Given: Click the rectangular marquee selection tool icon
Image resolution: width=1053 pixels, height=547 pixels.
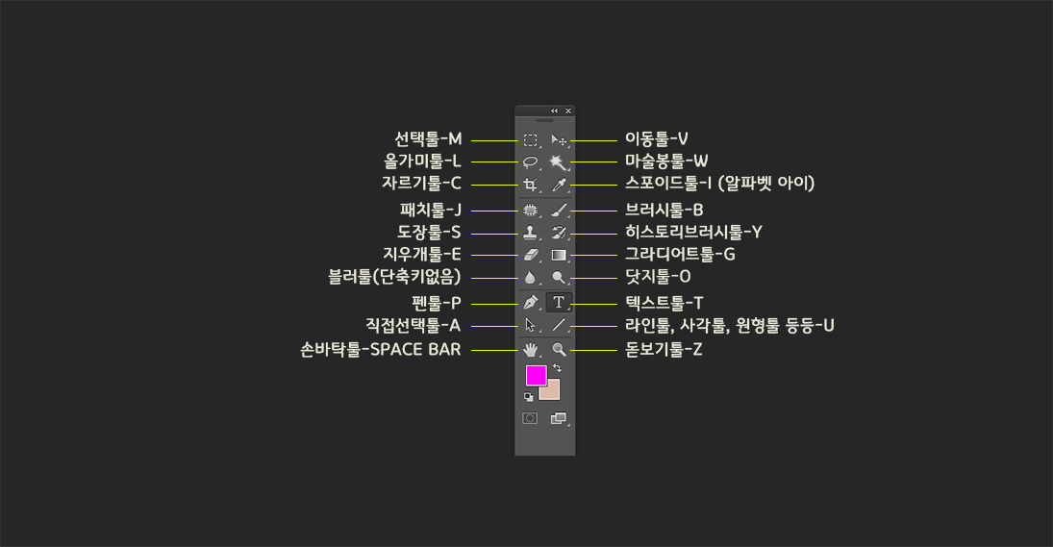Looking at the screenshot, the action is [530, 140].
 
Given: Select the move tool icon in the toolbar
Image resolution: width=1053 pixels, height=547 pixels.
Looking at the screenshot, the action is [559, 140].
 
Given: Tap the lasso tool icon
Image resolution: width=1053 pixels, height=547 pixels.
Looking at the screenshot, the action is [530, 162].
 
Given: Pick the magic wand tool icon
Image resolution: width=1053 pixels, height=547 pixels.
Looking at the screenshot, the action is [559, 162].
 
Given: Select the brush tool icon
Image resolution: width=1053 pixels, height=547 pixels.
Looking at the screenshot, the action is [559, 209].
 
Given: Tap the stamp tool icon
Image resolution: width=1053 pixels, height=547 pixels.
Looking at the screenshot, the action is [530, 232].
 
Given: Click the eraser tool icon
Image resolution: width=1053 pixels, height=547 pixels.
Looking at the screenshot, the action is [530, 255].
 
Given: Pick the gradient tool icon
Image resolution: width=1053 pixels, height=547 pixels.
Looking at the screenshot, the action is [559, 255].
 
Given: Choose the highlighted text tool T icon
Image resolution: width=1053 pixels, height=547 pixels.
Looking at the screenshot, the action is [559, 302].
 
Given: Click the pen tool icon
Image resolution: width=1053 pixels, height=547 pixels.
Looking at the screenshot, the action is [530, 302].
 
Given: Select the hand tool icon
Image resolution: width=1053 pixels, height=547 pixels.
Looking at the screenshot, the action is [530, 349].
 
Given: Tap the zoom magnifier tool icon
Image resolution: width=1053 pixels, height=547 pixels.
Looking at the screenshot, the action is [559, 349].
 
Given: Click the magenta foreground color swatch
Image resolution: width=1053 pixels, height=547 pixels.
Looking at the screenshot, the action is [535, 376].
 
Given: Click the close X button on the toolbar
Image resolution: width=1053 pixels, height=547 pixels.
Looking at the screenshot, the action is [568, 111].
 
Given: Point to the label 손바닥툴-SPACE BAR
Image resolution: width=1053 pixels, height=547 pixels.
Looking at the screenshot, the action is [381, 350].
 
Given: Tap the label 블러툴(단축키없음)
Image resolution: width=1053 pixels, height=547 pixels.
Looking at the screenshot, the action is [394, 278].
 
